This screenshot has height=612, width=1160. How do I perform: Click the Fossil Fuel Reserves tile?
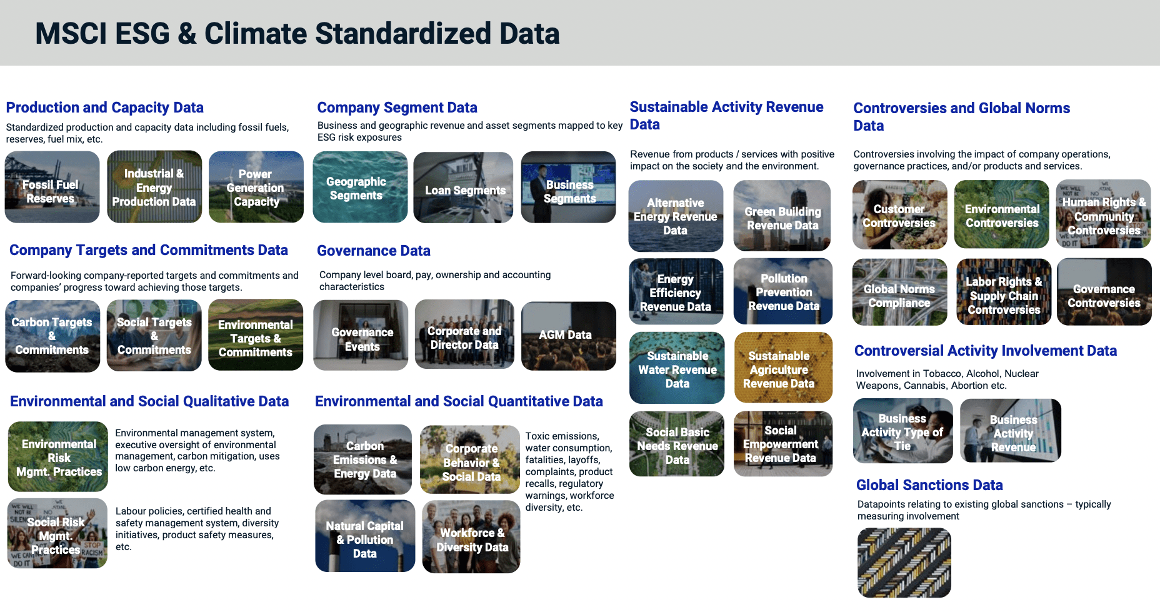pos(52,187)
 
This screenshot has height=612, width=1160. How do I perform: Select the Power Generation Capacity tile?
pos(256,187)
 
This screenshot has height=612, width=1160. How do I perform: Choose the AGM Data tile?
pos(568,336)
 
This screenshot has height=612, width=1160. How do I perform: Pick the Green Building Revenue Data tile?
pos(782,216)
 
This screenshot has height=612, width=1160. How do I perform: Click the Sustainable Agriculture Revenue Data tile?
pos(783,368)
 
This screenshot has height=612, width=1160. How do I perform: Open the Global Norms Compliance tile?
pos(899,293)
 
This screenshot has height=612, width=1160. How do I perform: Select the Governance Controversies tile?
pos(1104,293)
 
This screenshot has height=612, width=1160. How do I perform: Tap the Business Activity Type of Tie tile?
pos(902,431)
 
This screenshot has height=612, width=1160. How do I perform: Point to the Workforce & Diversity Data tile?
pos(471,538)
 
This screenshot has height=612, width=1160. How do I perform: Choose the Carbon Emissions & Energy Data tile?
pos(363,460)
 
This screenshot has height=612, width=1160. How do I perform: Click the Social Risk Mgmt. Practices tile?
pos(57,534)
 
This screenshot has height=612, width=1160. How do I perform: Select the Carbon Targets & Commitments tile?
pos(52,336)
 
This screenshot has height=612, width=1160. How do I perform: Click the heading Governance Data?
pos(373,251)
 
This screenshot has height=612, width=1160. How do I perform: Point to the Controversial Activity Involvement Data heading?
pos(985,351)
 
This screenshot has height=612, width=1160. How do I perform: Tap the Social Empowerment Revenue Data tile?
pos(782,444)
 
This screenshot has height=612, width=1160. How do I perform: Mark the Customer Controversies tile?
pos(899,215)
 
